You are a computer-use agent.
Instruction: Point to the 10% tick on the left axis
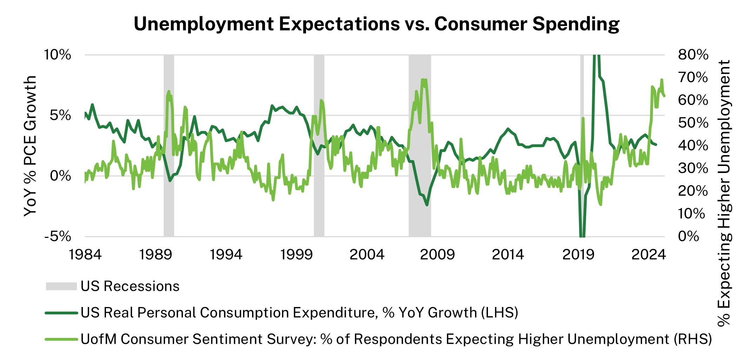point(57,55)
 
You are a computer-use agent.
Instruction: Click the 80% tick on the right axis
point(693,55)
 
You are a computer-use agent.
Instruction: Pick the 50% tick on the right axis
point(693,123)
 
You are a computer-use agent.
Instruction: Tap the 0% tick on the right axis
point(688,236)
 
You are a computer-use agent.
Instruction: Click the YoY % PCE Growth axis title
point(30,146)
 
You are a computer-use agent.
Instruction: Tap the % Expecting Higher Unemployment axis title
point(724,193)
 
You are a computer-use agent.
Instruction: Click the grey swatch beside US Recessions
point(61,286)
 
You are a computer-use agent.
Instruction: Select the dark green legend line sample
point(61,313)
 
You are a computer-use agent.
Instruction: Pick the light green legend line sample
point(61,339)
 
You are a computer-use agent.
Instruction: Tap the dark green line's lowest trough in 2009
point(427,205)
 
